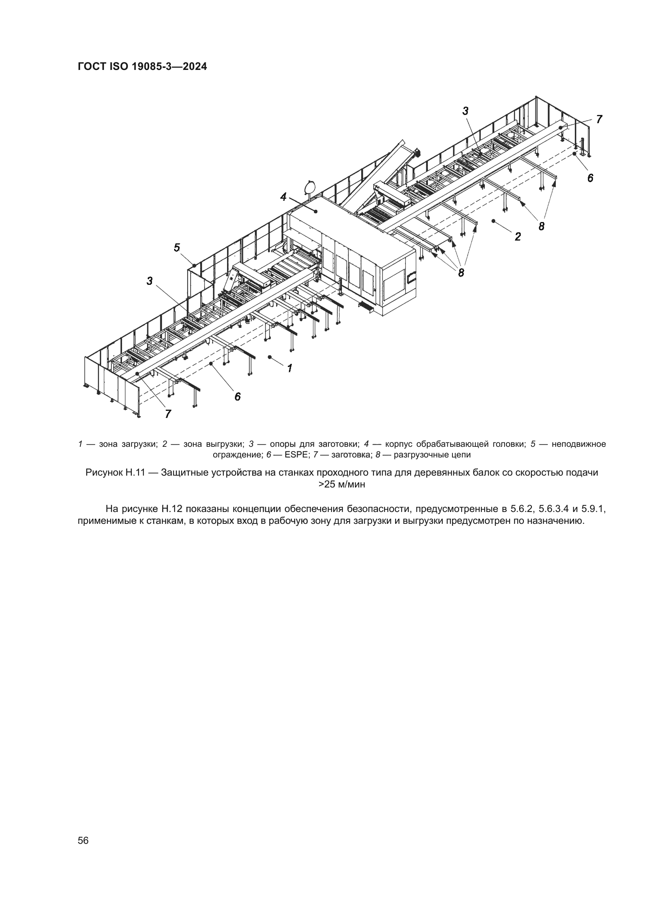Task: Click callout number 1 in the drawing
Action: click(x=289, y=368)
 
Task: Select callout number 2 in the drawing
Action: click(x=518, y=237)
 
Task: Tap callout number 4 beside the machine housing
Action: click(x=283, y=197)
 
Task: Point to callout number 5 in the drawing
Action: click(x=177, y=248)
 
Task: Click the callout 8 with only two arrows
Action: click(x=542, y=227)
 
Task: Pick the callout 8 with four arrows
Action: click(x=461, y=273)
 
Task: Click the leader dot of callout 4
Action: click(x=316, y=211)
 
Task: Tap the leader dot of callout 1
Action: click(x=270, y=357)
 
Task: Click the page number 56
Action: click(x=83, y=841)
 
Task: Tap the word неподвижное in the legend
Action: click(x=579, y=444)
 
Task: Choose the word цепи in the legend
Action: click(x=462, y=455)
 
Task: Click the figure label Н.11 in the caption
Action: click(x=135, y=473)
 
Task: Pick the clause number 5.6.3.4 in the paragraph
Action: click(x=553, y=509)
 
